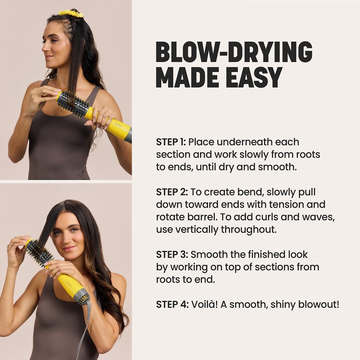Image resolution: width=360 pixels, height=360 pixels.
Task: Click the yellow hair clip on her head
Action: (71, 14)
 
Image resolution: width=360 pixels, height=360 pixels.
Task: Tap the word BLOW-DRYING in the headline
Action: (234, 52)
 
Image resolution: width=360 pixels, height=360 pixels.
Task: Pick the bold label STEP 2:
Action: (172, 192)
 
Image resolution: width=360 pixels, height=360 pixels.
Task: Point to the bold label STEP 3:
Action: (172, 254)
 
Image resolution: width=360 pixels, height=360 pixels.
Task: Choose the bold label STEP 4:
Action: (172, 304)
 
